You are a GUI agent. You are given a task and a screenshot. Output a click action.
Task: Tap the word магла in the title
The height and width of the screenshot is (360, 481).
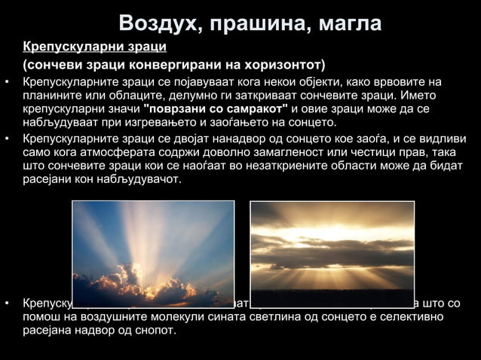[344, 23]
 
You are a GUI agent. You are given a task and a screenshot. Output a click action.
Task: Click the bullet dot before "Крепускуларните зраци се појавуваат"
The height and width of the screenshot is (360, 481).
[7, 82]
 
